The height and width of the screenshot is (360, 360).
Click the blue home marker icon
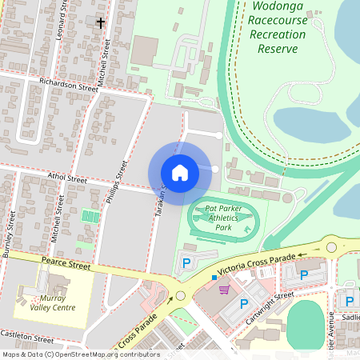pyautogui.click(x=179, y=172)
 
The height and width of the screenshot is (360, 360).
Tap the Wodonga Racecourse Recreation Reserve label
pyautogui.click(x=278, y=28)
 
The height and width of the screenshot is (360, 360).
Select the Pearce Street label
pyautogui.click(x=68, y=262)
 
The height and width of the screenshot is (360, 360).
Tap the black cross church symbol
pyautogui.click(x=101, y=22)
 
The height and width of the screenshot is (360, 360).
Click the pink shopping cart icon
pyautogui.click(x=224, y=290)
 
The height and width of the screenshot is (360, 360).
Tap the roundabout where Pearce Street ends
pyautogui.click(x=180, y=296)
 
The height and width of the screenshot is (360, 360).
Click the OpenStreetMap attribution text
pyautogui.click(x=81, y=354)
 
